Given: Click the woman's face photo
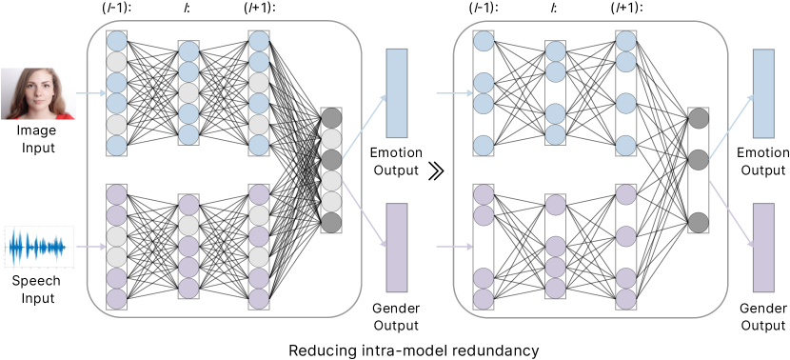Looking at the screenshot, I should [x=37, y=94].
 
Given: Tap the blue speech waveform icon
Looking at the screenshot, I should [x=37, y=247].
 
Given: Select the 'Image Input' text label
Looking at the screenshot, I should [x=37, y=140].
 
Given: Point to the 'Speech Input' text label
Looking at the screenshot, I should [x=37, y=290].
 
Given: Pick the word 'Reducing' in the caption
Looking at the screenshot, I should [x=319, y=350].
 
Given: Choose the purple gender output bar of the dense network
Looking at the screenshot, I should [x=396, y=247].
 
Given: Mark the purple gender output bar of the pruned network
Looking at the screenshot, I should [x=764, y=247].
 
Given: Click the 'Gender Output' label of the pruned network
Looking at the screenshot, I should [x=764, y=318].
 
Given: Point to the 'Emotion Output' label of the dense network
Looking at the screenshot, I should [x=396, y=163].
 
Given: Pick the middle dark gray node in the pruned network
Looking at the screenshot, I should [x=698, y=159].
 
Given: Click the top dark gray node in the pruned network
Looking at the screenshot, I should [x=698, y=119].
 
